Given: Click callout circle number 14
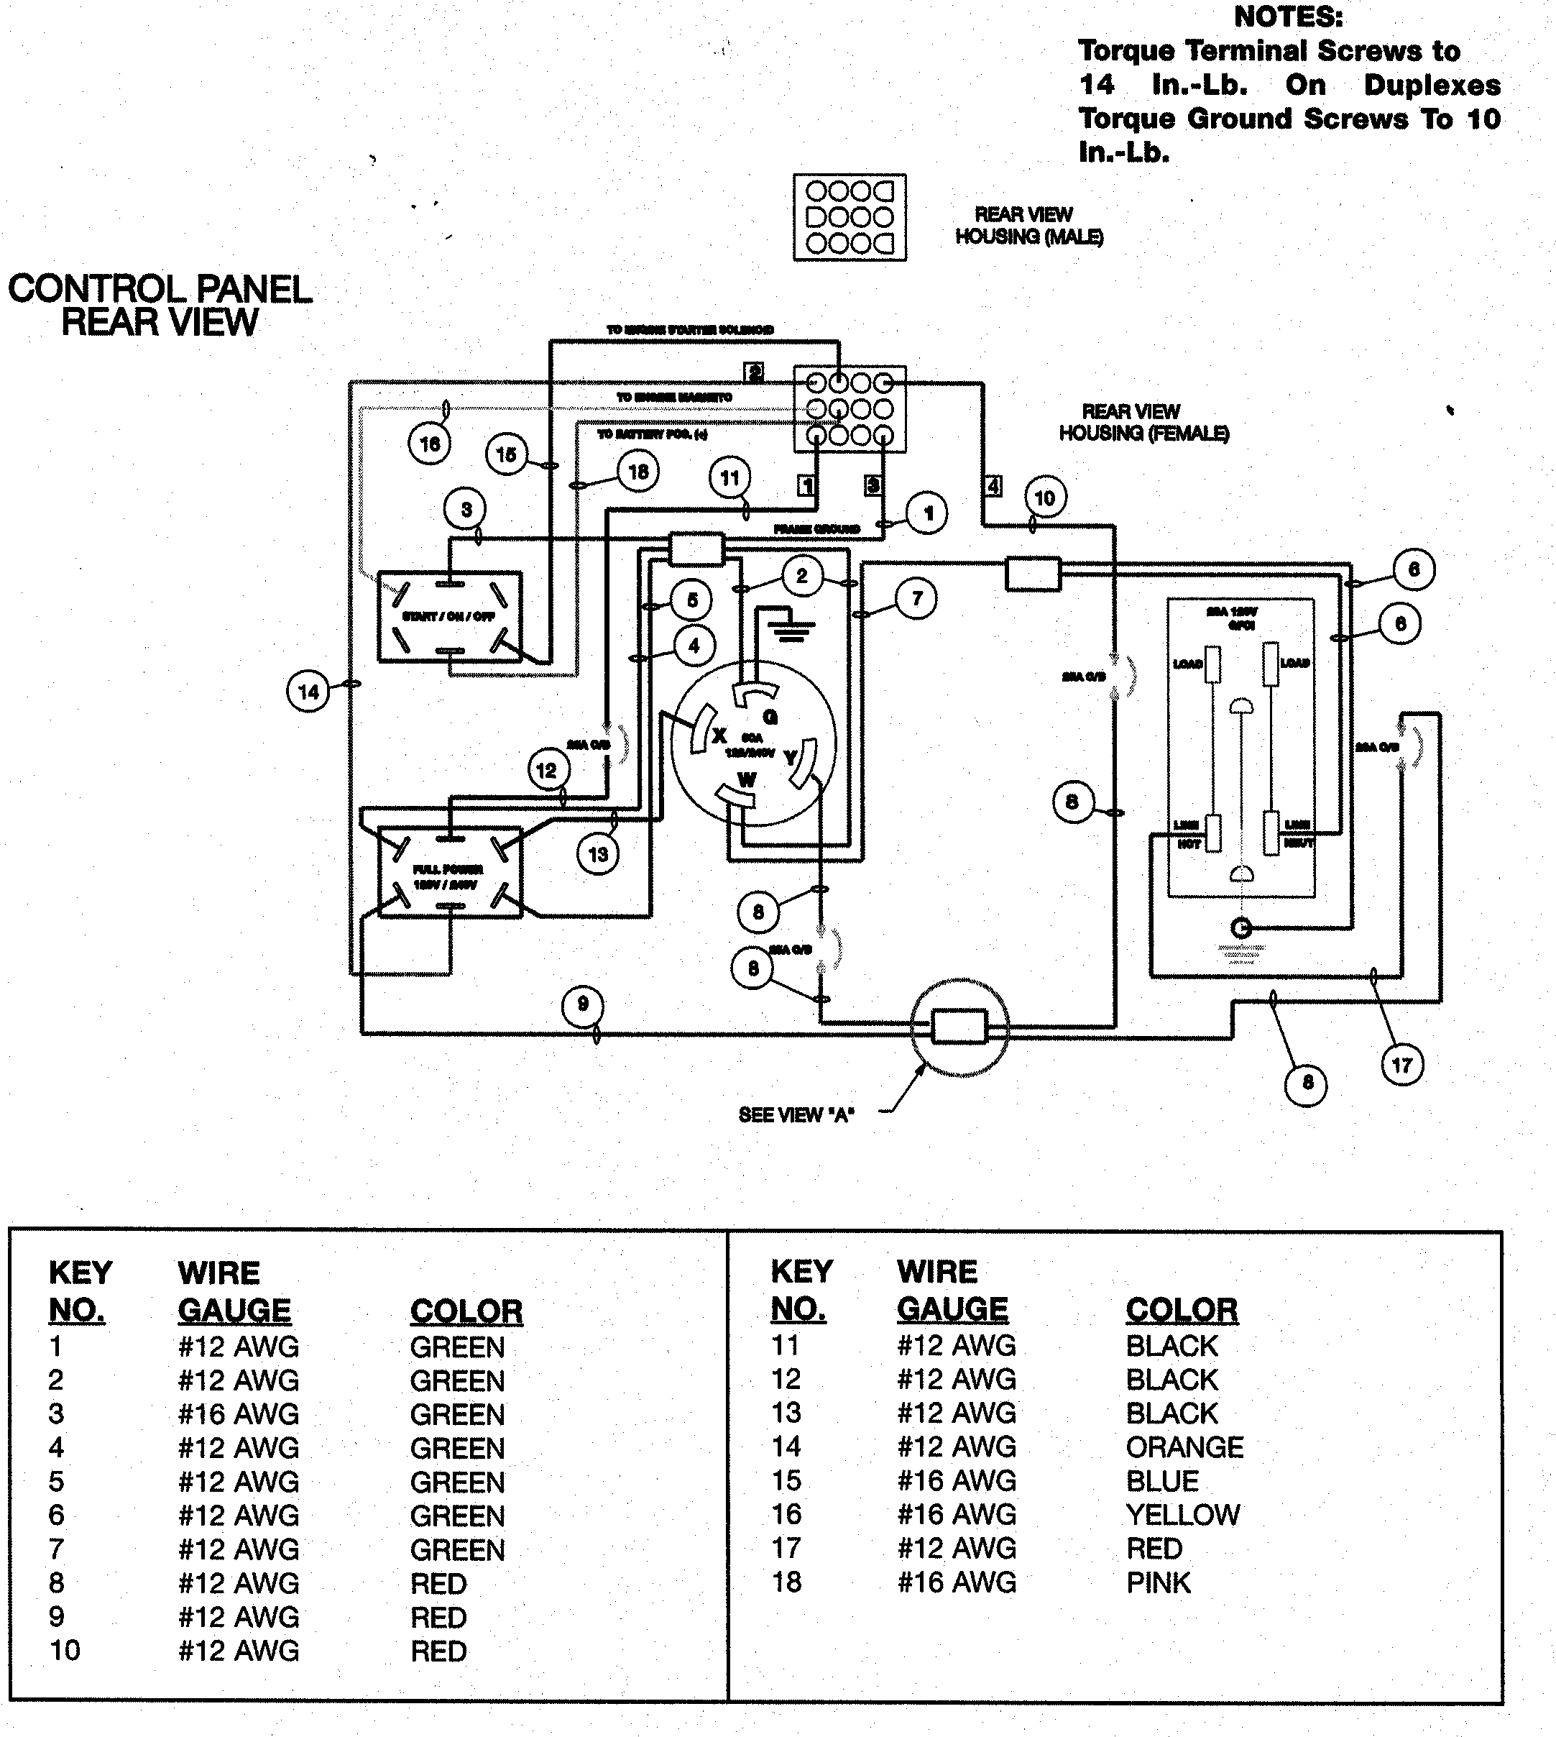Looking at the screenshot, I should pyautogui.click(x=308, y=691).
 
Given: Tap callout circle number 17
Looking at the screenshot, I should pyautogui.click(x=1402, y=1065).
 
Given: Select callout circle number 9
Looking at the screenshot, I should pyautogui.click(x=583, y=1005).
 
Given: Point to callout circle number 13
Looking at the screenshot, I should pyautogui.click(x=598, y=853).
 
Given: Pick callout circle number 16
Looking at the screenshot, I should pyautogui.click(x=430, y=444).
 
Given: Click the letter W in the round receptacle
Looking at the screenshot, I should pyautogui.click(x=746, y=780).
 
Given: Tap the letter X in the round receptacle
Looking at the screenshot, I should pyautogui.click(x=719, y=736).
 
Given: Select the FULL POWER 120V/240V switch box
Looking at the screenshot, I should pyautogui.click(x=450, y=872).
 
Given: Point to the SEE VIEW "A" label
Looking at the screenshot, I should pyautogui.click(x=796, y=1115).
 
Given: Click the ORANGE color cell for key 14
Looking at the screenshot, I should pyautogui.click(x=1184, y=1447).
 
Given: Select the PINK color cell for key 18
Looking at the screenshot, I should pyautogui.click(x=1158, y=1583).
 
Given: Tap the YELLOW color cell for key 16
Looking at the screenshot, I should pyautogui.click(x=1182, y=1516).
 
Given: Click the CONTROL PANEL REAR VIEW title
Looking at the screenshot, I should pyautogui.click(x=160, y=306).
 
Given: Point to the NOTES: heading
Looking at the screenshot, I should pyautogui.click(x=1287, y=17).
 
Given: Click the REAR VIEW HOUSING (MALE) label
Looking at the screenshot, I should pyautogui.click(x=1028, y=226).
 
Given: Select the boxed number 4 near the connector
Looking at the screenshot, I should pyautogui.click(x=993, y=486).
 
